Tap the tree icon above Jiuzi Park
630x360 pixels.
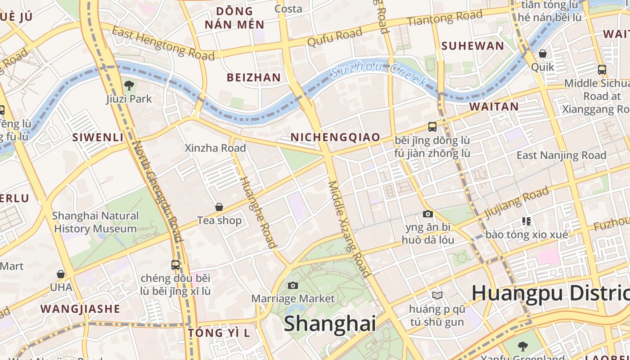coord(129,85)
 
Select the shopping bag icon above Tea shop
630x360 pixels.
coord(219,207)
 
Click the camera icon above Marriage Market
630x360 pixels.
coord(292,285)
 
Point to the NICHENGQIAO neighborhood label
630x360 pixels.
coord(335,137)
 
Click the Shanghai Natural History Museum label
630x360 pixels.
coord(95,222)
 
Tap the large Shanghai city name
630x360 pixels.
coord(329,324)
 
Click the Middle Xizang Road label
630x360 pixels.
coord(349,229)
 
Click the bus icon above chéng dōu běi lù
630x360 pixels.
coord(175,265)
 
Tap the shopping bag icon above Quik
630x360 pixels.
coord(543,54)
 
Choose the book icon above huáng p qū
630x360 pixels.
coord(437,295)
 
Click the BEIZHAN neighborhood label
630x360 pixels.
coord(254,77)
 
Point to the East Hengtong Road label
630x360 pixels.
coord(163,43)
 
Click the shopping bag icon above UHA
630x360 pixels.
coord(61,274)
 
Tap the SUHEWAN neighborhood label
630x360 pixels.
coord(472,46)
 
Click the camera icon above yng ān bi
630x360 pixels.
coord(427,214)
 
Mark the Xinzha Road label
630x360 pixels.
coord(216,148)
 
